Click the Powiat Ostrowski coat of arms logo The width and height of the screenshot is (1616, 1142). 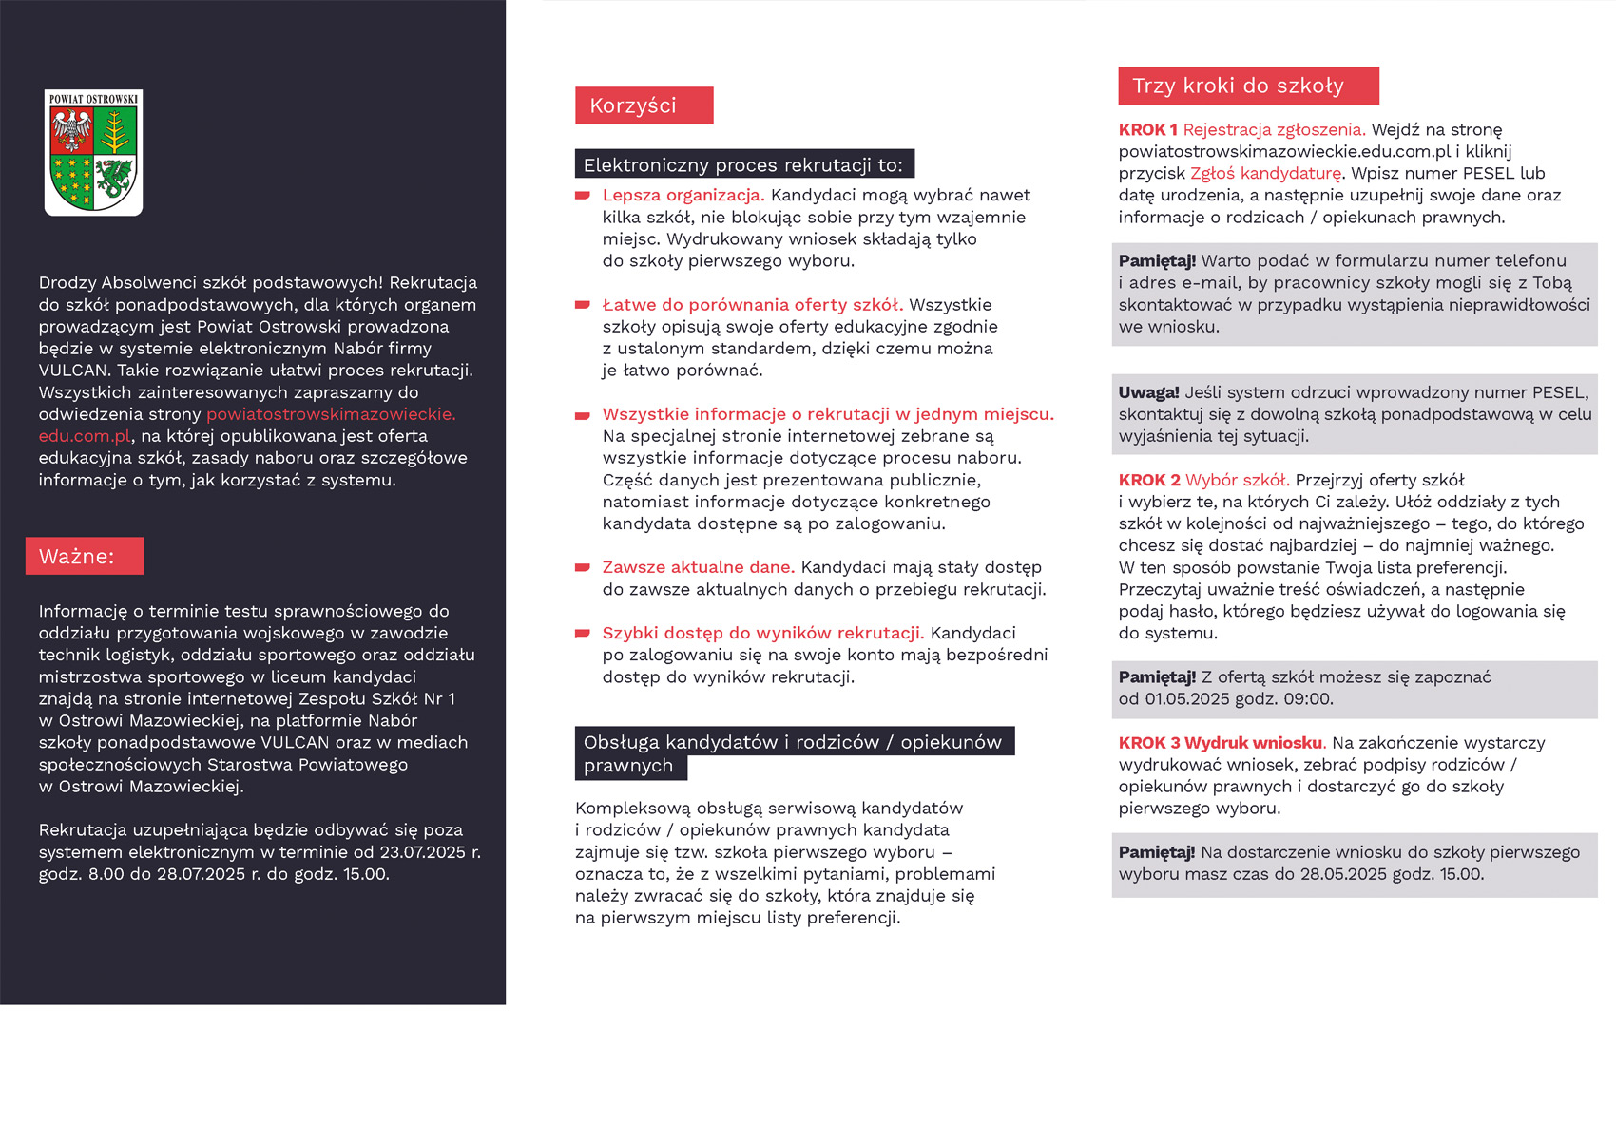pos(93,152)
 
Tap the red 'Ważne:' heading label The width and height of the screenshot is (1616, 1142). pos(85,556)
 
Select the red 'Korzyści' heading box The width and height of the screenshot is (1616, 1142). pos(644,105)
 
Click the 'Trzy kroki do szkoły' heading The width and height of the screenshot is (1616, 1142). pos(1247,86)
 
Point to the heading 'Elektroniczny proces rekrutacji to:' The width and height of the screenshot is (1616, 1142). pos(743,164)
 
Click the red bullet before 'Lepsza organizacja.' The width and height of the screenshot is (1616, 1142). pos(583,196)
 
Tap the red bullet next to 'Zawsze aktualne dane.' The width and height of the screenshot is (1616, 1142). pos(583,568)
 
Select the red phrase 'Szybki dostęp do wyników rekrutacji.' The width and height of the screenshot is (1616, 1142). pos(762,633)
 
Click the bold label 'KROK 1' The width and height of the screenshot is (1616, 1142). pos(1147,130)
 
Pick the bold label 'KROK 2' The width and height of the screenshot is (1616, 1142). pos(1148,481)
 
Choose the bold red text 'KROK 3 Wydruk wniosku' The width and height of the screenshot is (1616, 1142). pos(1221,743)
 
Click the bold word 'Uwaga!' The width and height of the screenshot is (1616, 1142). pos(1148,392)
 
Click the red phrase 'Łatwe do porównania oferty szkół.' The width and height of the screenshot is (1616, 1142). pos(752,305)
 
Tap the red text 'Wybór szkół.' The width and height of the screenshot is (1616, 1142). pos(1237,481)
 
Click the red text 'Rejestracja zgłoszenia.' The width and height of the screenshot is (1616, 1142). pos(1274,130)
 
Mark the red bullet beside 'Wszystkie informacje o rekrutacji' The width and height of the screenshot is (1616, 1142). pos(583,415)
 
